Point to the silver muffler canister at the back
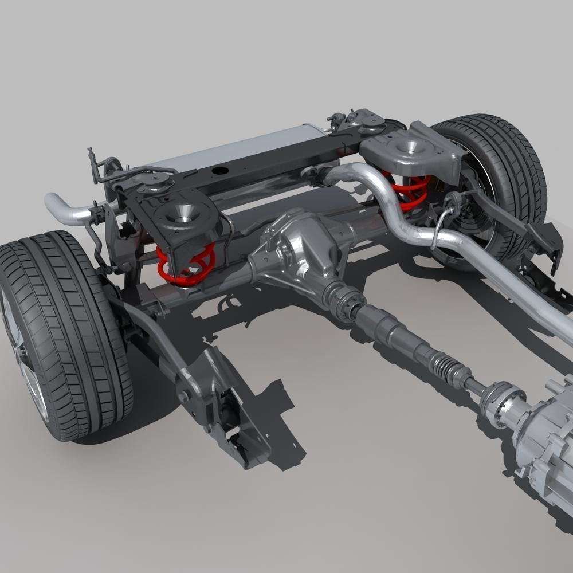[x=241, y=146]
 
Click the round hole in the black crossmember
[x=219, y=170]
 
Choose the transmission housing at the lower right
[x=544, y=447]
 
